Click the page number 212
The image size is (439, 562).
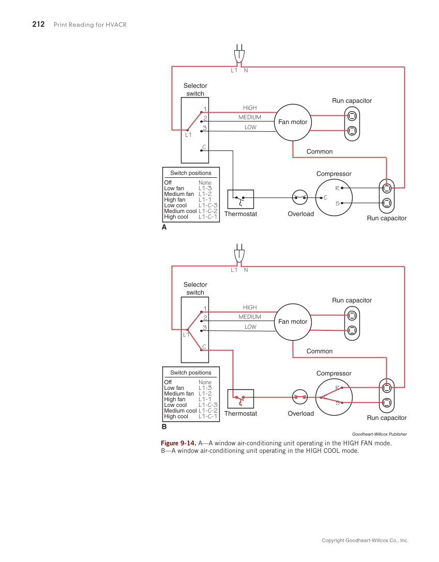pyautogui.click(x=38, y=24)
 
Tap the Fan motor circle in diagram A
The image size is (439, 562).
pyautogui.click(x=293, y=122)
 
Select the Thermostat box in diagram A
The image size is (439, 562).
pyautogui.click(x=240, y=199)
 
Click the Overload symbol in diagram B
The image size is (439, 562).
pyautogui.click(x=300, y=397)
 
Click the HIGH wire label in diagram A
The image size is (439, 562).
pyautogui.click(x=250, y=108)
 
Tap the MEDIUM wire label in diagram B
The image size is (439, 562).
pyautogui.click(x=250, y=317)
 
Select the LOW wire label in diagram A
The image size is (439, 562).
pyautogui.click(x=250, y=127)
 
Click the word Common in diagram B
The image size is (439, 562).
pyautogui.click(x=320, y=351)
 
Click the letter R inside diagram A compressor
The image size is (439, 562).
pyautogui.click(x=337, y=188)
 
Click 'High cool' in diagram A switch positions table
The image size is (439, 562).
pyautogui.click(x=176, y=217)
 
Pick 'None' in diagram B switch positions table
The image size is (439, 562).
pyautogui.click(x=205, y=382)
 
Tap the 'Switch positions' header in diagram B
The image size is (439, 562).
pyautogui.click(x=191, y=372)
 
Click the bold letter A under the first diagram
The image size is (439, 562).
pyautogui.click(x=164, y=227)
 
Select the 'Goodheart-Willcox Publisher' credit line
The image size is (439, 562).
pyautogui.click(x=379, y=434)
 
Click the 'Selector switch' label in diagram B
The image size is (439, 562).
pyautogui.click(x=195, y=288)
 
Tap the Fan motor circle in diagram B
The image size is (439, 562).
pyautogui.click(x=293, y=322)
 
